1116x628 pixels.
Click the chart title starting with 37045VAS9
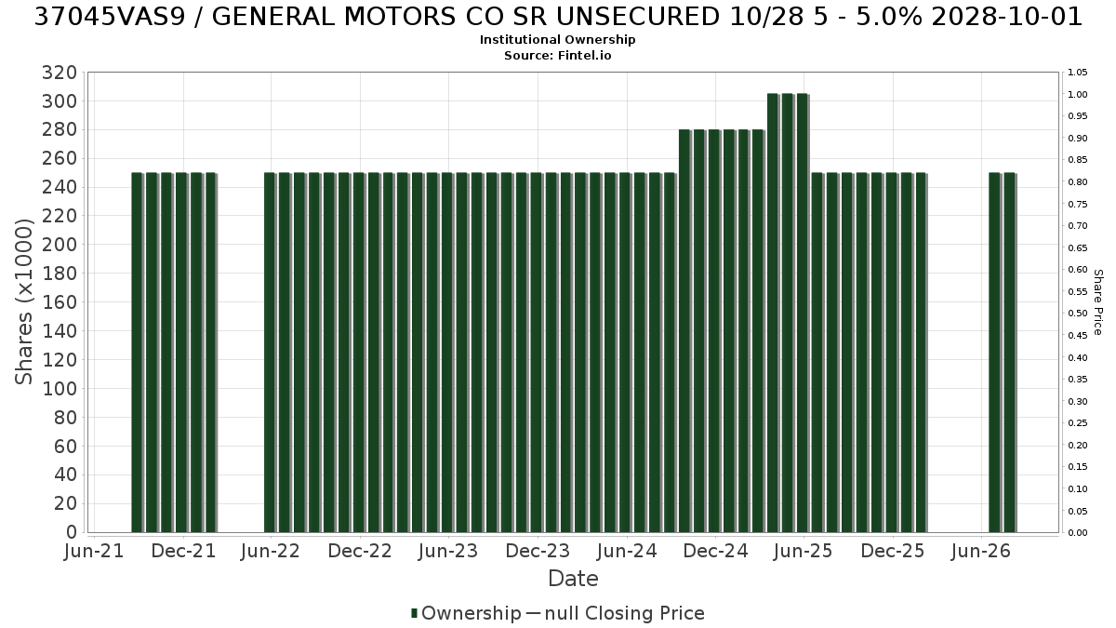(x=558, y=17)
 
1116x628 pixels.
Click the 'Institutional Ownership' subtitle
(x=557, y=40)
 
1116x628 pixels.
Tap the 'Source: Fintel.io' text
(x=557, y=55)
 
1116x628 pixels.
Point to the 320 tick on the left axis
(x=60, y=73)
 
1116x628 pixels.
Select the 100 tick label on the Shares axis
(x=60, y=389)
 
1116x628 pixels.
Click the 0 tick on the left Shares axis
(x=72, y=532)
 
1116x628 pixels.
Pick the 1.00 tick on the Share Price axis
(x=1078, y=95)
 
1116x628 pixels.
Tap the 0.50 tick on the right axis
(x=1078, y=314)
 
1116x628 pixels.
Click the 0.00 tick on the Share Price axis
(x=1078, y=533)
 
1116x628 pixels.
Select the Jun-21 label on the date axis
(x=94, y=551)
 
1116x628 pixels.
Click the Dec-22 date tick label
(x=360, y=551)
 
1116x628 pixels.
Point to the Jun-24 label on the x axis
(x=627, y=551)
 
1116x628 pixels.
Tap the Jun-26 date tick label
(x=981, y=551)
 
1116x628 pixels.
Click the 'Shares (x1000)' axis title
(x=24, y=302)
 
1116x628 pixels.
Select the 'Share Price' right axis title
(x=1097, y=302)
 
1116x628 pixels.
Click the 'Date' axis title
(x=573, y=579)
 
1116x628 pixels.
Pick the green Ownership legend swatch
(x=414, y=613)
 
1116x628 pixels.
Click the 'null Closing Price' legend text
(x=625, y=613)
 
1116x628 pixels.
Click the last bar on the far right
(x=1010, y=353)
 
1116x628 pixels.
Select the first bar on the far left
(x=137, y=353)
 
